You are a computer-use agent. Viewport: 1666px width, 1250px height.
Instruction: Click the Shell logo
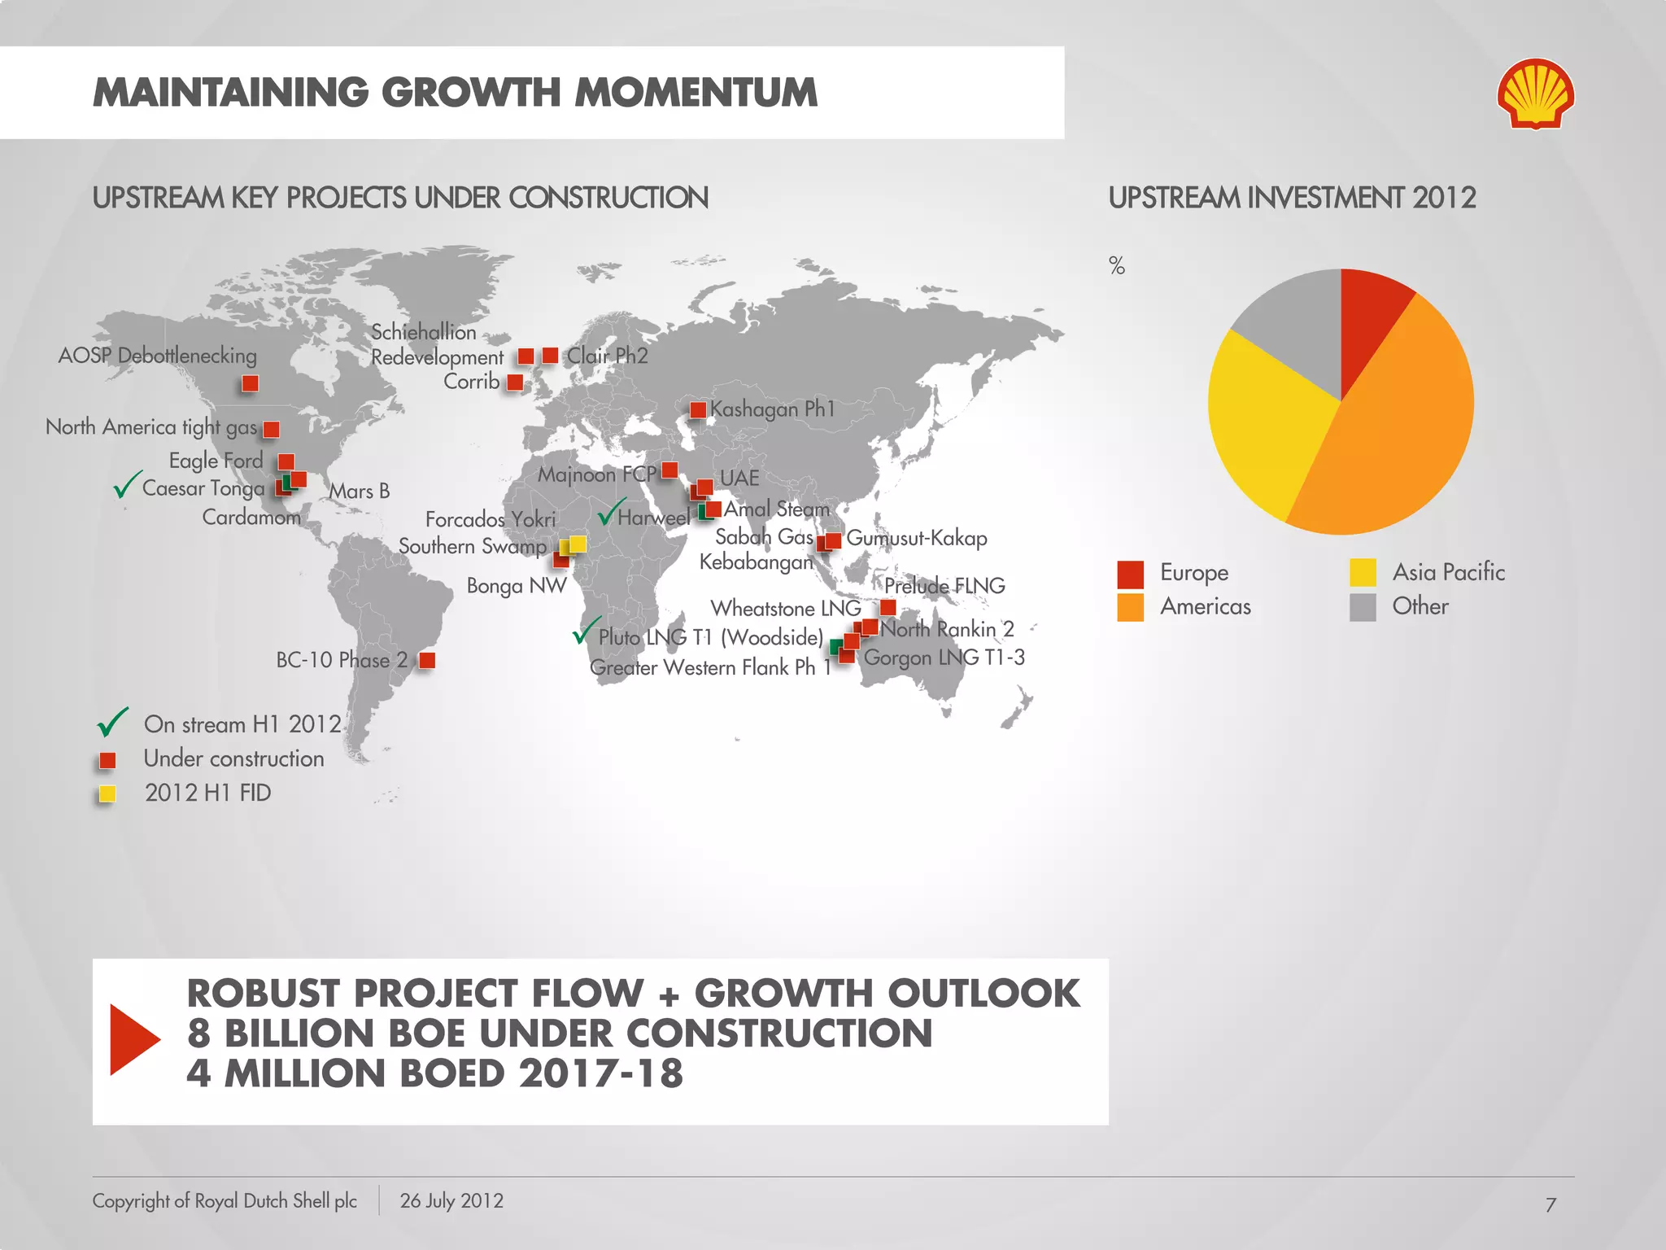(1535, 94)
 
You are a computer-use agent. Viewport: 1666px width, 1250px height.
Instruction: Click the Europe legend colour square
(1130, 574)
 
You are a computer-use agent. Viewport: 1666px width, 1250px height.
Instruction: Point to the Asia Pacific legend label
(1448, 572)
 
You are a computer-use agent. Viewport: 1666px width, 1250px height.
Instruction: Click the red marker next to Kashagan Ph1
(697, 410)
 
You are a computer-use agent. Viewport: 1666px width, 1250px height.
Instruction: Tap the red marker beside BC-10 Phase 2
(426, 660)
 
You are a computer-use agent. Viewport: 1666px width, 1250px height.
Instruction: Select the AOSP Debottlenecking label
(157, 356)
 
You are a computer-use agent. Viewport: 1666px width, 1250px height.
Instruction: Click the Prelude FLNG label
(944, 586)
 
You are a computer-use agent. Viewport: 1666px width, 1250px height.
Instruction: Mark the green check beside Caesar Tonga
(127, 485)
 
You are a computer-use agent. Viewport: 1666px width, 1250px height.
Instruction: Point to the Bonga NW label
(517, 586)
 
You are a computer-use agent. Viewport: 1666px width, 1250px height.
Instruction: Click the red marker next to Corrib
(515, 382)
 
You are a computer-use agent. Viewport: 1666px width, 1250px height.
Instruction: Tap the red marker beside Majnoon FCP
(669, 470)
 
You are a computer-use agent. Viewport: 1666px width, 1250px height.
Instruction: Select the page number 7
(1550, 1205)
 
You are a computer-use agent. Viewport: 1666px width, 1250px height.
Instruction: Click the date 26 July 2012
(451, 1201)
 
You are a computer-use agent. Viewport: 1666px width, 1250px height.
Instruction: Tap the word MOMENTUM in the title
(696, 93)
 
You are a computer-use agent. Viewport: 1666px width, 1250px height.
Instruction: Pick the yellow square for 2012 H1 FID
(107, 793)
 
